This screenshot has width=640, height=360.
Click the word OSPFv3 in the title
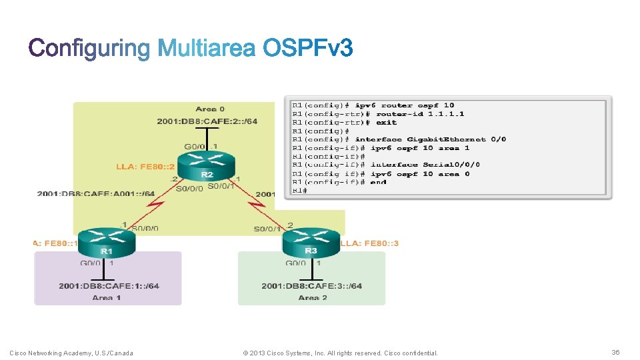pos(307,49)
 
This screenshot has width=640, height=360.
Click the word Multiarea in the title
pos(207,49)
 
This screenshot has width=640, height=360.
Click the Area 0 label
pos(209,109)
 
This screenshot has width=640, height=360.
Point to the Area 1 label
pos(107,297)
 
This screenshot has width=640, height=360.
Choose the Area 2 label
pos(312,297)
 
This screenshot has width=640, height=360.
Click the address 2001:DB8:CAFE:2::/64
pos(207,121)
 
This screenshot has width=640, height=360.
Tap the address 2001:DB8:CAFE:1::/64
pos(109,286)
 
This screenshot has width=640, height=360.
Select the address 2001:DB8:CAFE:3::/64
pos(312,286)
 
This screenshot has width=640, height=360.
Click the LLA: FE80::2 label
pos(145,167)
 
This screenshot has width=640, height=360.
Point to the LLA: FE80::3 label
pos(370,243)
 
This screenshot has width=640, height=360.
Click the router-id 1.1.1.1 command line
pos(378,114)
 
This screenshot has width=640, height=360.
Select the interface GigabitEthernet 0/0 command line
pos(399,139)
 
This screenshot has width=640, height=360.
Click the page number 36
pos(615,352)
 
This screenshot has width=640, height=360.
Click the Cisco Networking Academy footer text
pos(71,353)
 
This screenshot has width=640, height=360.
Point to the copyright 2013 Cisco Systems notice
pos(341,353)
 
